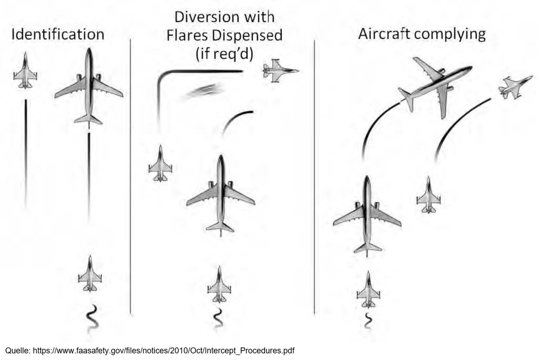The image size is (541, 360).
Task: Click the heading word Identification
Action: pos(58,34)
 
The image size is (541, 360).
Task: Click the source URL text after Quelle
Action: pos(163,351)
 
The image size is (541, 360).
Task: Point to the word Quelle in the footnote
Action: pos(18,351)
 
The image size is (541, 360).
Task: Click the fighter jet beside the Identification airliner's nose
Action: pos(25,70)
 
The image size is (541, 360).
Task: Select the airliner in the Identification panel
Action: pos(89,86)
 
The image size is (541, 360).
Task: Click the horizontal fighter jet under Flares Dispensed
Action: pos(281,71)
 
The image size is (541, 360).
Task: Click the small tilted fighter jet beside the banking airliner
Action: pos(515,87)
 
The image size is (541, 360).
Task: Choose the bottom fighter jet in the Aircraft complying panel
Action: pos(369,289)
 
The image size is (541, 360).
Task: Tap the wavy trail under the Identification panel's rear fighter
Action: pos(92,318)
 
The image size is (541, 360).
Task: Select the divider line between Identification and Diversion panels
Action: pos(130,176)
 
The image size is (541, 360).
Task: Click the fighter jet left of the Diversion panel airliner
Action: pos(161,163)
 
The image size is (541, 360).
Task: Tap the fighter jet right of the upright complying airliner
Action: pos(429,195)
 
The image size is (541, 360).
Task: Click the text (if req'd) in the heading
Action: pos(224,54)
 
